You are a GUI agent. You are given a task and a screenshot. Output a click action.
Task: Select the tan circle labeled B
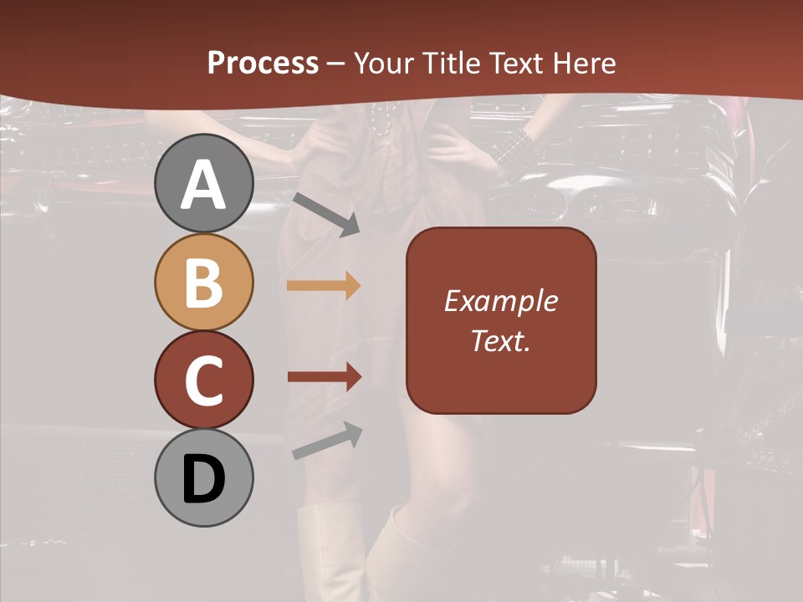coord(204,283)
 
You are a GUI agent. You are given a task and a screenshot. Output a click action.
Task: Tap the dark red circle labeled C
coord(204,380)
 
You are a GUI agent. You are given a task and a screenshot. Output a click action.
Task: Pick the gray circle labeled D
coord(204,478)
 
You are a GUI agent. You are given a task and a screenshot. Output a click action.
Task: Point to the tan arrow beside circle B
coord(324,285)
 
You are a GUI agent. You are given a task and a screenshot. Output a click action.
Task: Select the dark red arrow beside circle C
coord(324,377)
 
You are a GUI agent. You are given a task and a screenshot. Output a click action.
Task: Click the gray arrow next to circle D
coord(327,441)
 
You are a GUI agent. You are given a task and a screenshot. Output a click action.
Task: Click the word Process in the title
coord(263,63)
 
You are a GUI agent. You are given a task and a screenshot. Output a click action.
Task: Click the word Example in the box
coord(501,301)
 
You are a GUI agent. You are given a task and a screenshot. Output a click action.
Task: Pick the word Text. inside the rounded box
coord(501,340)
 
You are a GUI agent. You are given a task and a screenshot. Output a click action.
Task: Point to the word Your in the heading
coord(384,63)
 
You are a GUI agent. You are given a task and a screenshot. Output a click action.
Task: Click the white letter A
coord(204,185)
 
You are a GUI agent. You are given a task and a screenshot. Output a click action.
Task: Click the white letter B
coord(204,283)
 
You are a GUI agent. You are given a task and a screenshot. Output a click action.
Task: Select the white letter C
coord(204,380)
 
